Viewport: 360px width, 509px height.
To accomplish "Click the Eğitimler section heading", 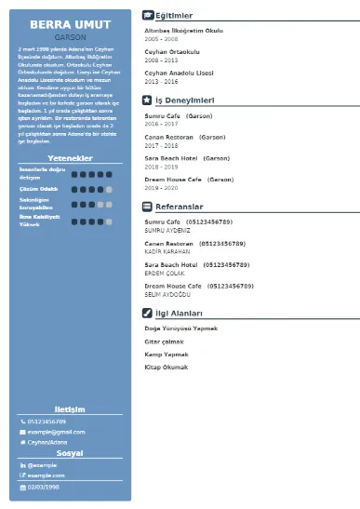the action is (174, 16).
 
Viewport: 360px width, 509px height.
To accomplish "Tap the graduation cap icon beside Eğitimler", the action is (148, 16).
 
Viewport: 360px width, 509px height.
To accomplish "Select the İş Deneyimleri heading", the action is (185, 99).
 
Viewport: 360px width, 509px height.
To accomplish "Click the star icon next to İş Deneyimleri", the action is (148, 99).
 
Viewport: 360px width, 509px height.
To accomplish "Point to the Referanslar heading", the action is (180, 207).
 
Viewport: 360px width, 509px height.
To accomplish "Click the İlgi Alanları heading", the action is (179, 314).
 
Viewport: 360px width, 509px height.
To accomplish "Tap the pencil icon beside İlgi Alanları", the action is (148, 314).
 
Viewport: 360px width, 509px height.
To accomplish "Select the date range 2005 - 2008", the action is (160, 38).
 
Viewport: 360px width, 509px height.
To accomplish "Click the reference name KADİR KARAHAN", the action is (167, 252).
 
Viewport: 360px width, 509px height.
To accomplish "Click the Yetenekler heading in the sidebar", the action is (70, 159).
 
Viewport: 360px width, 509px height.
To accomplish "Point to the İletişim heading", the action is (70, 409).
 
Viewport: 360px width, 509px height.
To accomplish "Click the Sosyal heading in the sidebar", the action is (70, 453).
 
